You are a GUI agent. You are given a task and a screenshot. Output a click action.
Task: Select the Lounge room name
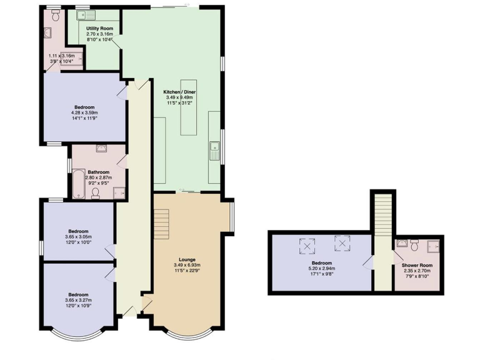click(x=187, y=259)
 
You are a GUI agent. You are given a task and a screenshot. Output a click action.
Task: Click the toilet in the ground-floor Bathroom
click(x=96, y=194)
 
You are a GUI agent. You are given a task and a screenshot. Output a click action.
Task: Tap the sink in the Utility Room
click(x=82, y=14)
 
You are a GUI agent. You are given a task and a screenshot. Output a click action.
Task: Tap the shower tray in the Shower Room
click(x=432, y=247)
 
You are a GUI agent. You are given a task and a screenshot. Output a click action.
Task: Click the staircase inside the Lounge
click(x=162, y=224)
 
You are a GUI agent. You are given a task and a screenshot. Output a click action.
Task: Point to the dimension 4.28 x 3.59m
click(x=85, y=112)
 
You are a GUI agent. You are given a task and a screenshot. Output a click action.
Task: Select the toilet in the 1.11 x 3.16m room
click(x=56, y=17)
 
